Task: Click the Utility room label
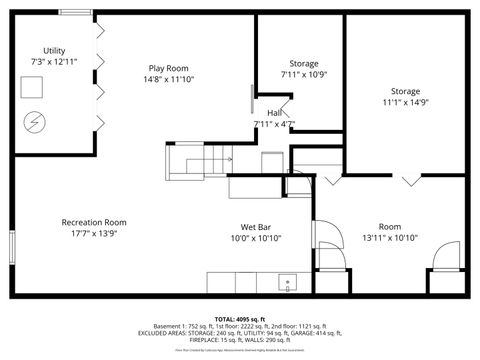[x=54, y=50]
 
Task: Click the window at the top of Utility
[x=74, y=13]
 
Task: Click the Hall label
[x=273, y=113]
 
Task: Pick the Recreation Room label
[x=94, y=222]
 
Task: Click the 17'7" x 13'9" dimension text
[x=94, y=234]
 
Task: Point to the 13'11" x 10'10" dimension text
[x=390, y=238]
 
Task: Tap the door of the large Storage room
[x=409, y=180]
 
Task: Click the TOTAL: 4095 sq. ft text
[x=240, y=318]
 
